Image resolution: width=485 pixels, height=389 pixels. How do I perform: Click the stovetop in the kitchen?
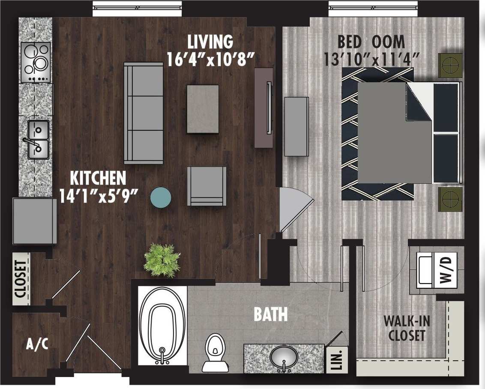tap(36, 62)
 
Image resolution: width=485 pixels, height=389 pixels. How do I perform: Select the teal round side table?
tap(161, 197)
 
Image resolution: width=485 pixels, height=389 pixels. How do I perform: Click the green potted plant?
tap(162, 260)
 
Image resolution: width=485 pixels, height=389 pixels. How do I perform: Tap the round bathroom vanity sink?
tap(284, 356)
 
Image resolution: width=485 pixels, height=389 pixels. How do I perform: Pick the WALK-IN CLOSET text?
tap(407, 328)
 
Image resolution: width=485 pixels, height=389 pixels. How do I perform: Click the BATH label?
tap(270, 315)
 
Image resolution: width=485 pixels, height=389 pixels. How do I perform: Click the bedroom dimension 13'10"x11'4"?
tap(371, 59)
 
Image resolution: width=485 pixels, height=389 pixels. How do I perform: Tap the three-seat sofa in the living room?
tap(144, 113)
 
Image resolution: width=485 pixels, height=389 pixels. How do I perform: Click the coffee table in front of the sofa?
tap(203, 109)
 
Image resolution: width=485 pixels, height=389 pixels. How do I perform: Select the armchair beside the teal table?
tap(207, 186)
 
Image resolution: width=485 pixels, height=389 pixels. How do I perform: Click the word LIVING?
tap(210, 42)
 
